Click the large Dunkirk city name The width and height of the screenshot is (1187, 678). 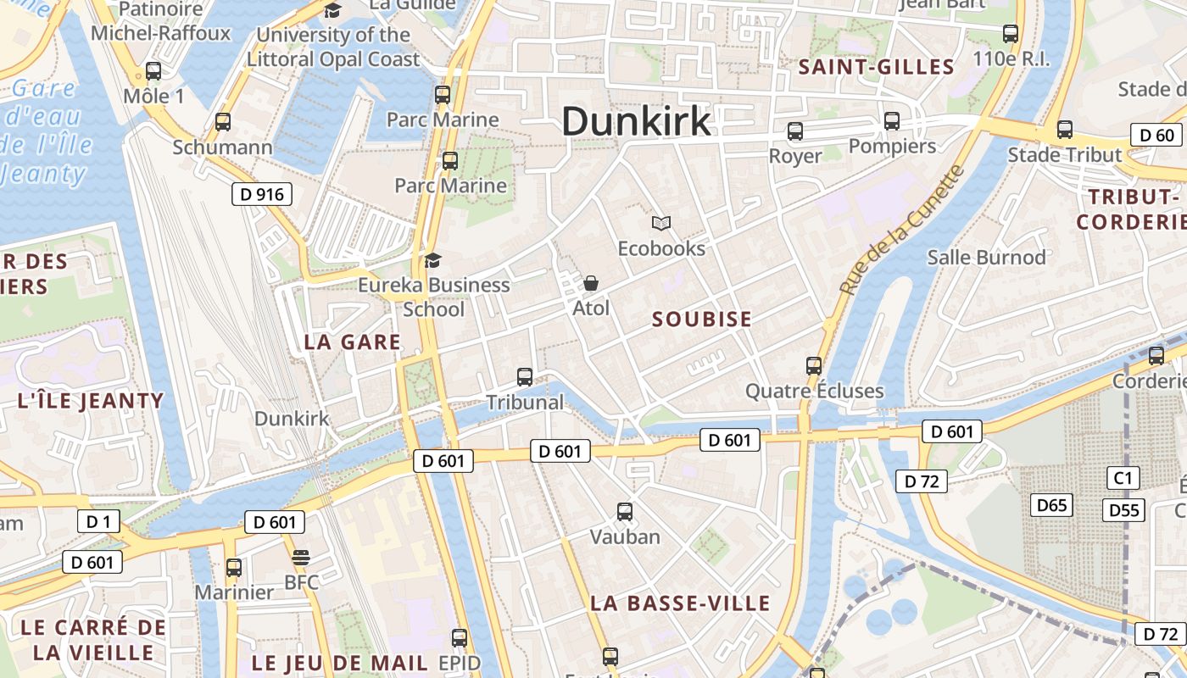[x=636, y=121]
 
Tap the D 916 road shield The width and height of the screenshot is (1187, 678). [x=262, y=195]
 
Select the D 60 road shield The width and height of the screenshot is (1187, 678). [x=1156, y=135]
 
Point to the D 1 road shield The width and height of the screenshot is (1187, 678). [x=98, y=521]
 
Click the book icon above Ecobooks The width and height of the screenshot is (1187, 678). [x=661, y=223]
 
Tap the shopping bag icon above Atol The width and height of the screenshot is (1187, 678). [x=591, y=282]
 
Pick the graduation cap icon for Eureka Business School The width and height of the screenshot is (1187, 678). [x=433, y=259]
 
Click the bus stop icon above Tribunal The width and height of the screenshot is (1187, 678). [x=525, y=376]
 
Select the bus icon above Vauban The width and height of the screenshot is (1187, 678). [x=625, y=511]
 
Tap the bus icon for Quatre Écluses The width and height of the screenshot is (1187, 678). [x=814, y=365]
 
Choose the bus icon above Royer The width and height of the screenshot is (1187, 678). [x=795, y=131]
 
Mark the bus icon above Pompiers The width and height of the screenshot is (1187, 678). [x=892, y=120]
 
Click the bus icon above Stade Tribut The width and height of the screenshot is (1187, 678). [x=1065, y=130]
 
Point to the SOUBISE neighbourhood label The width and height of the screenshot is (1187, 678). [x=702, y=320]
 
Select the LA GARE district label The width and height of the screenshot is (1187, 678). [x=352, y=342]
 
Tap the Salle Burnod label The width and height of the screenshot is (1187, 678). [x=986, y=257]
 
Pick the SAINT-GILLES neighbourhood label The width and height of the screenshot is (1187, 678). [x=877, y=67]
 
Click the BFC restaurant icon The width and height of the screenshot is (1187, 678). [x=301, y=557]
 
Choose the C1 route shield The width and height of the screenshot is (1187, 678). [x=1123, y=478]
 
